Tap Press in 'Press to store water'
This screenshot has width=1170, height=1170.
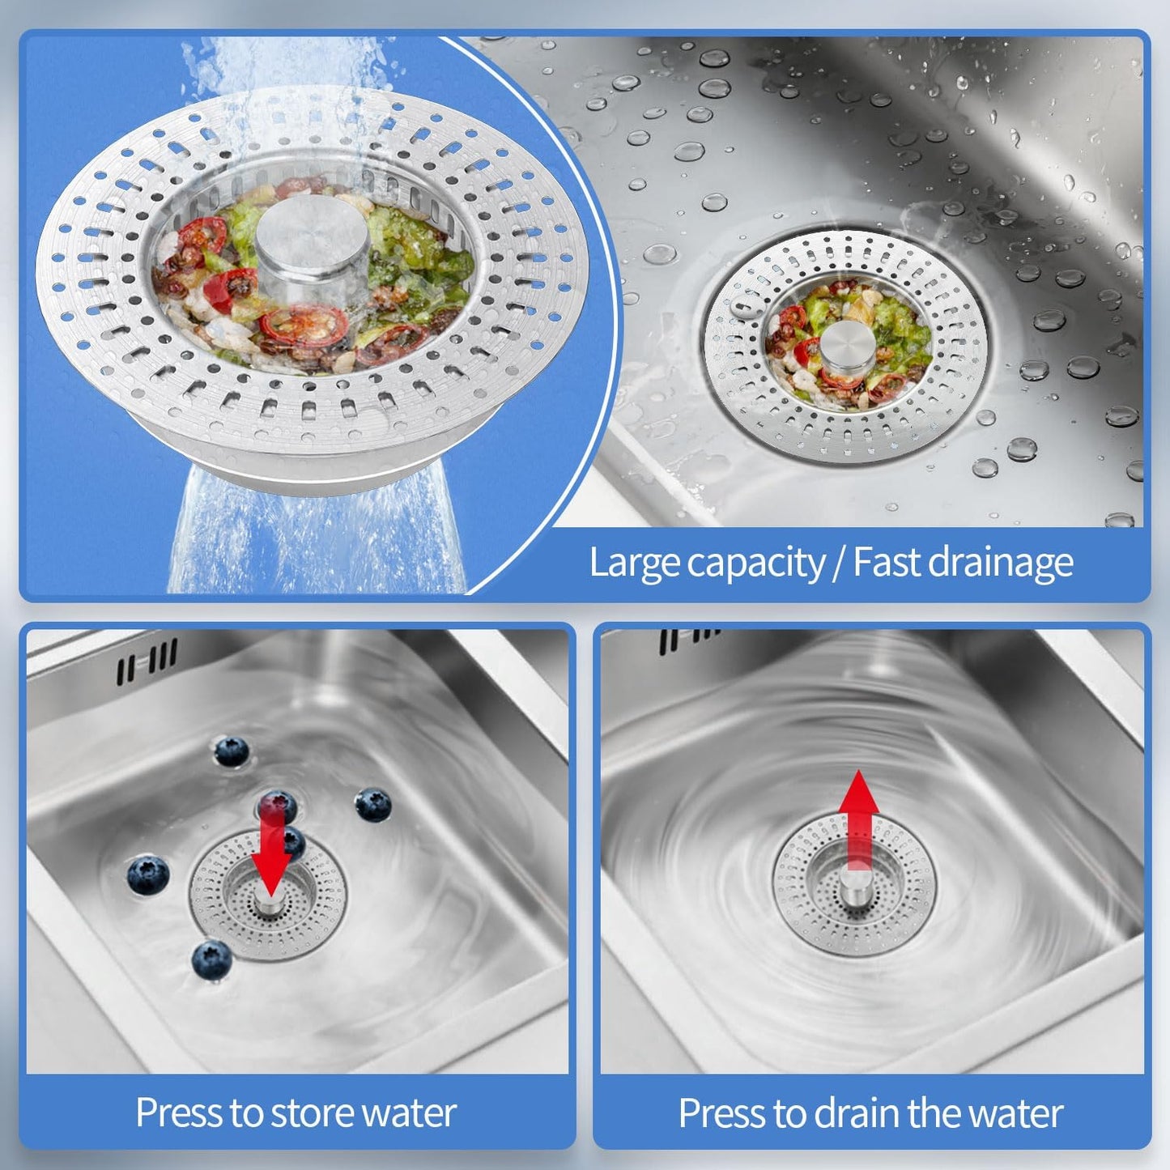[x=178, y=1113]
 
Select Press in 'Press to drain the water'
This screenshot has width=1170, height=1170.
[x=721, y=1113]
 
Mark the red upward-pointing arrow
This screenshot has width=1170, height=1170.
[x=858, y=818]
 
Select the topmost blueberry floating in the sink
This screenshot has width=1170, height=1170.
[x=232, y=751]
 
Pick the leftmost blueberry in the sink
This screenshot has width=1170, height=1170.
[x=148, y=875]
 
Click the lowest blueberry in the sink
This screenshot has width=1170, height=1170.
[x=212, y=959]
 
